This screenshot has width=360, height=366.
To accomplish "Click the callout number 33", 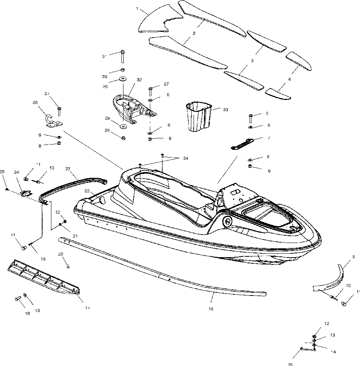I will (225, 110).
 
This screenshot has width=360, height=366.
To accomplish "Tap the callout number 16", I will (211, 308).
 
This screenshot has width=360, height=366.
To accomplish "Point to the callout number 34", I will (186, 158).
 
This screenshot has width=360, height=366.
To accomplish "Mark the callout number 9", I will (353, 257).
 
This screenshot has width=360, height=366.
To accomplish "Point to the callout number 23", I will (67, 168).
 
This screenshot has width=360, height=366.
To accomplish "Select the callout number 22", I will (87, 191).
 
